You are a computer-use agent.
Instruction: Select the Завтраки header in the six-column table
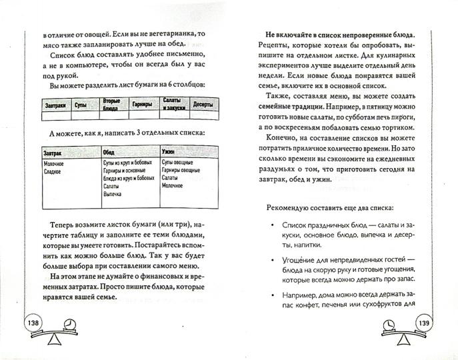(x=56, y=105)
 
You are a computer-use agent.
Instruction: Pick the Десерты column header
(x=202, y=105)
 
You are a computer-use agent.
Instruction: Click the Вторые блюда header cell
(x=111, y=105)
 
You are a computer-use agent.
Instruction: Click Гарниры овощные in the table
(x=183, y=171)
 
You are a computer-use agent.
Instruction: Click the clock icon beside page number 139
(x=389, y=323)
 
